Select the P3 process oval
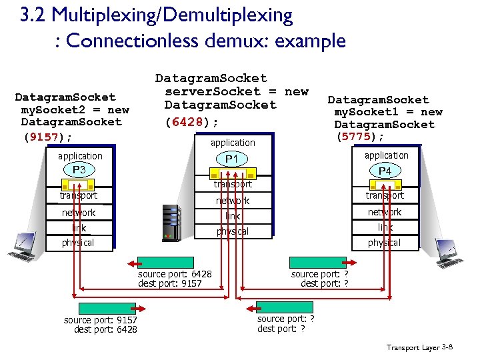click(79, 170)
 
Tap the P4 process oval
click(385, 171)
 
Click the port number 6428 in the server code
click(191, 123)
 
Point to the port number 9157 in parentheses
click(47, 137)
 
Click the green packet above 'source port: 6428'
click(166, 263)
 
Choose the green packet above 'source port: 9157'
click(107, 308)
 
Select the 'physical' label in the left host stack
click(78, 243)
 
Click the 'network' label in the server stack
click(232, 201)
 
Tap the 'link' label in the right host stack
click(385, 228)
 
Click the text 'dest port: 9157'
click(169, 283)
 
